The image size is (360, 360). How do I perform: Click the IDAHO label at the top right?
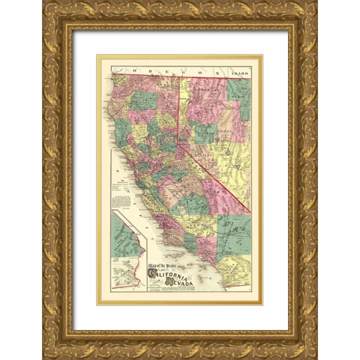click(x=239, y=73)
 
